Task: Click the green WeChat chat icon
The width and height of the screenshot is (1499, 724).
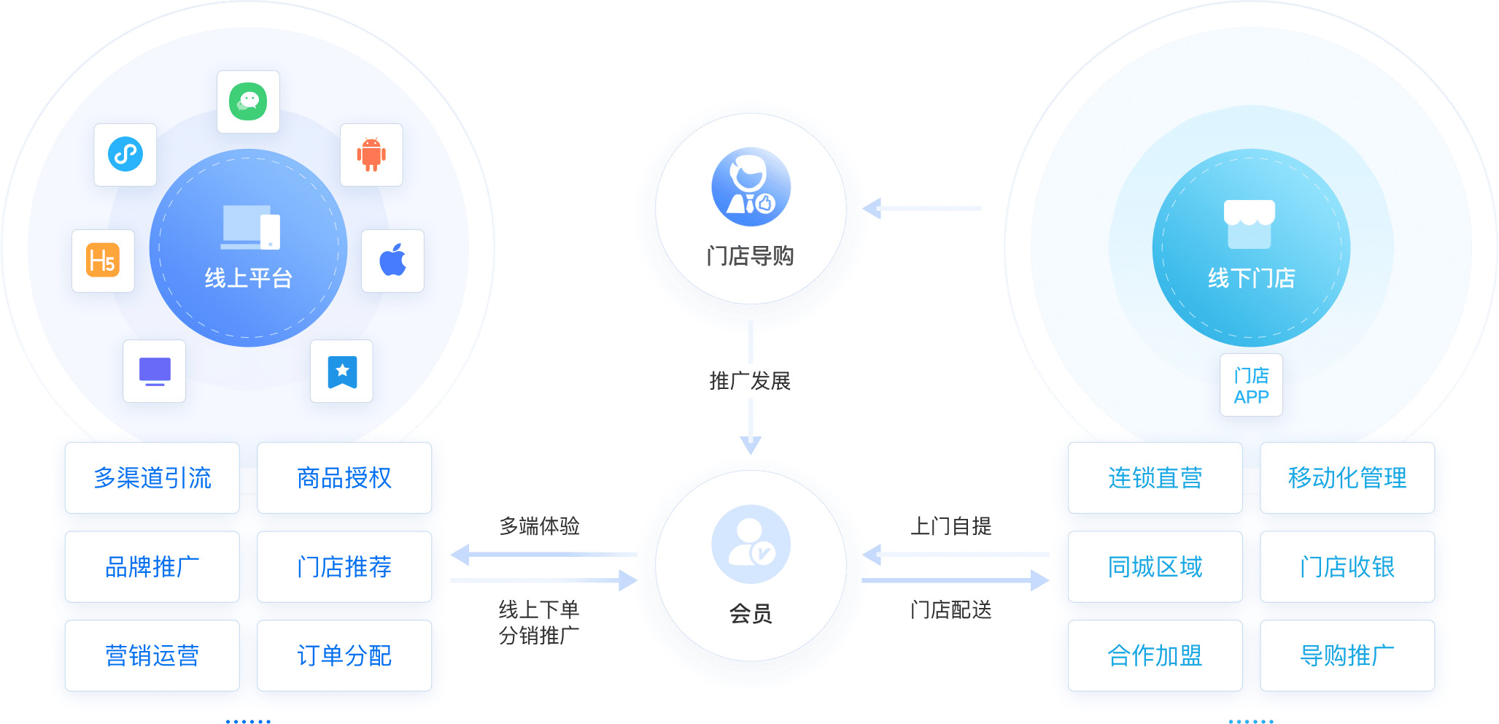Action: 248,101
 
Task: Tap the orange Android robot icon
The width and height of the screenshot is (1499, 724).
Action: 371,154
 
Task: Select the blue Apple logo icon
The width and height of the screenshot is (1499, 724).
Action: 392,261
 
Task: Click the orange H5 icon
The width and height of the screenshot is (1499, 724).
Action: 103,261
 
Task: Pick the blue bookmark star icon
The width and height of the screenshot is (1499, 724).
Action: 342,371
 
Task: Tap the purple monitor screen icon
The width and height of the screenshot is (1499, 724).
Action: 155,371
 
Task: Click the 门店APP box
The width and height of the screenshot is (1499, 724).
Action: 1251,385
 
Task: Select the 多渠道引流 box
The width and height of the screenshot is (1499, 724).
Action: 152,478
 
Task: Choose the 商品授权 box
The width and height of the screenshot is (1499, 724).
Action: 344,478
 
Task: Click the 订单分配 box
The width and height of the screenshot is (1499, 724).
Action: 344,655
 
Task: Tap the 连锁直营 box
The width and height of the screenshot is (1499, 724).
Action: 1155,478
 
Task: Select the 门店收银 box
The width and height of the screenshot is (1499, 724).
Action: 1347,567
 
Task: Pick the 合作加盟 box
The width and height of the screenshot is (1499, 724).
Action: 1155,655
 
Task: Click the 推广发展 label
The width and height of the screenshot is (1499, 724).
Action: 750,381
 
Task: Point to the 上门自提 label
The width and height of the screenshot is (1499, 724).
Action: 951,526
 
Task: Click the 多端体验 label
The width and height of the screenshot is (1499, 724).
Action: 540,526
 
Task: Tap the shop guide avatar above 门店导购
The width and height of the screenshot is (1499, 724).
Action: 751,187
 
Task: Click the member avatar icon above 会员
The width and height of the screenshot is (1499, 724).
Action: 751,544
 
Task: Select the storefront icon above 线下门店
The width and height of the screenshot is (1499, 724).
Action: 1250,224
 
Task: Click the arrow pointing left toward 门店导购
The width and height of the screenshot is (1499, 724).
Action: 922,209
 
